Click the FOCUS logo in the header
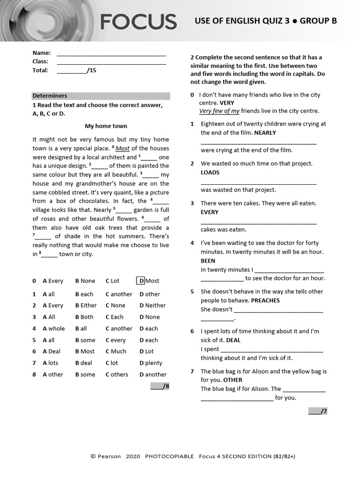[x=138, y=22]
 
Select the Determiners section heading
[x=50, y=96]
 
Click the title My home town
[x=105, y=126]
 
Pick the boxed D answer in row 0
[x=141, y=281]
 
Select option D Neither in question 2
[x=152, y=306]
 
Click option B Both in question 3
[x=84, y=317]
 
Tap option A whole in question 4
[x=53, y=329]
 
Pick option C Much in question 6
[x=116, y=352]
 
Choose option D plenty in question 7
[x=150, y=363]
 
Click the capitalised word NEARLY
[x=265, y=133]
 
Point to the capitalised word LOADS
[x=210, y=172]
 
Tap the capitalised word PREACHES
[x=265, y=300]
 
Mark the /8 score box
[x=160, y=386]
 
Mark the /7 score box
[x=318, y=412]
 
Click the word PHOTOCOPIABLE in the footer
[x=169, y=457]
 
